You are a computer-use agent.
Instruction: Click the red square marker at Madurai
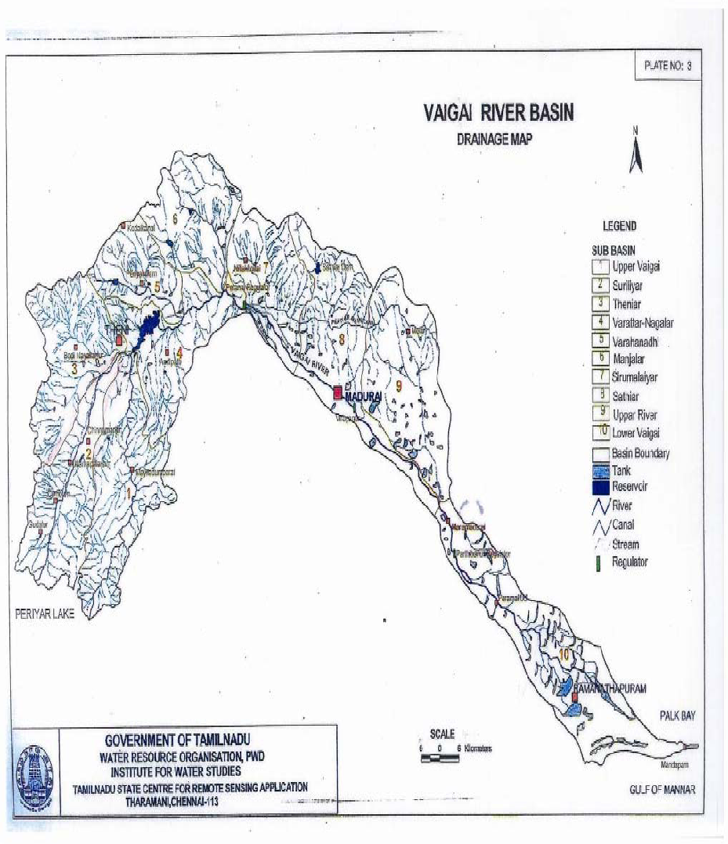[x=338, y=394]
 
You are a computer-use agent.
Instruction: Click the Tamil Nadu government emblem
[x=38, y=766]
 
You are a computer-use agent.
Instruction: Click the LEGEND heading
[x=619, y=226]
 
